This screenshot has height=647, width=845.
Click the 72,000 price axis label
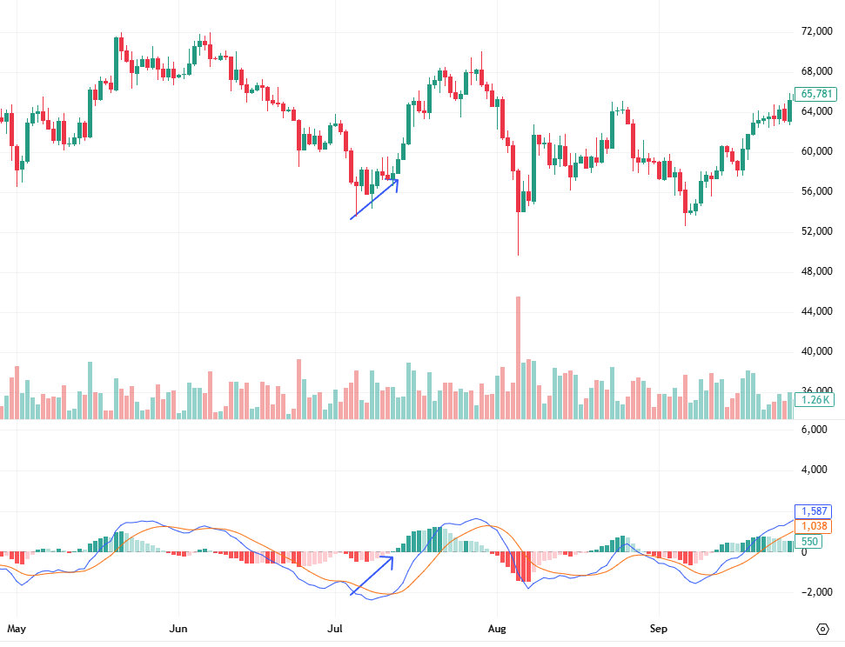click(x=817, y=31)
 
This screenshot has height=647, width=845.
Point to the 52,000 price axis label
click(x=817, y=231)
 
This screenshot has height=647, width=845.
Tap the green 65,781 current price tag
click(x=816, y=94)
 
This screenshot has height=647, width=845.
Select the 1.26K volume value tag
click(x=816, y=400)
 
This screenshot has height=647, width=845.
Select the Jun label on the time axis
click(x=178, y=627)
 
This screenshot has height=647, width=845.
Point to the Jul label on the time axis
click(x=336, y=627)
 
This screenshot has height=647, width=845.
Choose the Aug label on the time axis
click(x=497, y=627)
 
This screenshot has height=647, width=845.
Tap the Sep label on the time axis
click(x=659, y=627)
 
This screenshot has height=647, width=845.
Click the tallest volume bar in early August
click(x=519, y=357)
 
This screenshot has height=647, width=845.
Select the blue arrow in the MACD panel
click(x=372, y=576)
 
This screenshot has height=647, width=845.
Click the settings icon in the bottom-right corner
click(x=822, y=628)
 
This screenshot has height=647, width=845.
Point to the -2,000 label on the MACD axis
click(x=816, y=592)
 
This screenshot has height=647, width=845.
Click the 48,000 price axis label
click(x=817, y=271)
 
